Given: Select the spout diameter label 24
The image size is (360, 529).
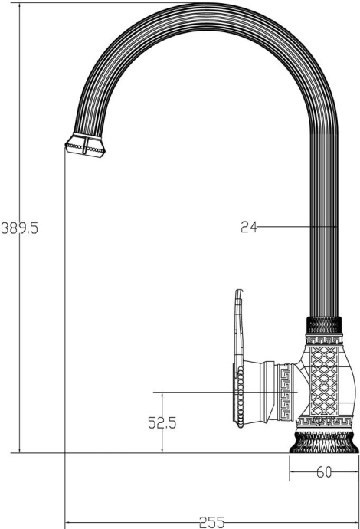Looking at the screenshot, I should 248,227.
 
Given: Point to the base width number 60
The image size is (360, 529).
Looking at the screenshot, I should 324,472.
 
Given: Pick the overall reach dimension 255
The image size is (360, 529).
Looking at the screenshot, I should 207,522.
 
